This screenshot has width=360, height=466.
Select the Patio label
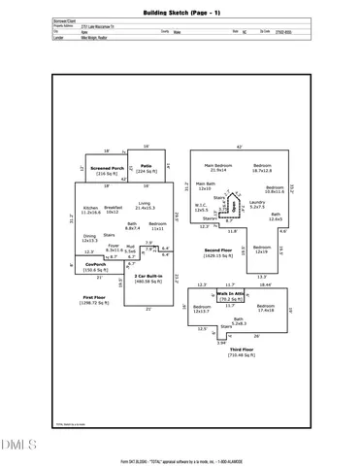click(x=146, y=167)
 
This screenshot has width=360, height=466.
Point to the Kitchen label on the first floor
click(x=92, y=209)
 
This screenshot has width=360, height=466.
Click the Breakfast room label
click(x=113, y=209)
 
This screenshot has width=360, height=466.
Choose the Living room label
click(x=145, y=206)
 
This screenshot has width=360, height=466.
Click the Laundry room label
click(x=257, y=204)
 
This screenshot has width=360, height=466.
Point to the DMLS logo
click(x=16, y=442)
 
